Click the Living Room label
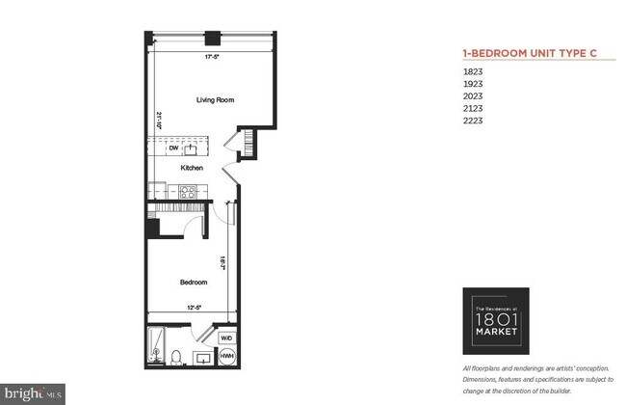(x=215, y=99)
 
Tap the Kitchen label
(x=192, y=168)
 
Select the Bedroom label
(x=194, y=283)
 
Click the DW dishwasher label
(x=174, y=148)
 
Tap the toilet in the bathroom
(x=175, y=357)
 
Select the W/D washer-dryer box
(x=227, y=338)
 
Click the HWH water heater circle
(x=228, y=358)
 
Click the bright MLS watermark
(x=33, y=393)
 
